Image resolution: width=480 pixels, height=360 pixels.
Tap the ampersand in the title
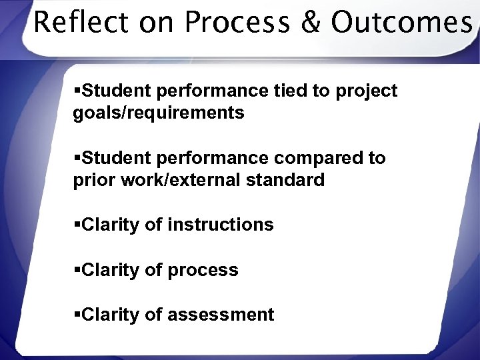tap(310, 23)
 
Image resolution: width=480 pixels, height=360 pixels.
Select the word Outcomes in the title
tap(401, 23)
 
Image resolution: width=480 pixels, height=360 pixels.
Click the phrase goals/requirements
tap(159, 113)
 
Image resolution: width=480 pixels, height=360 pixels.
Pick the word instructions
tap(221, 225)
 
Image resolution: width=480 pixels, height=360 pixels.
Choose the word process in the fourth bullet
tap(203, 270)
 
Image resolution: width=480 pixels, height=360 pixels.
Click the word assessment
tap(221, 315)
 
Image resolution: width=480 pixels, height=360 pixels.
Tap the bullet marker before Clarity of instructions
tap(77, 225)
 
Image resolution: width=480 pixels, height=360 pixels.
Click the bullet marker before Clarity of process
tap(77, 270)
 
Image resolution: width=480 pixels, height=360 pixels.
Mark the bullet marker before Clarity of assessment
tap(77, 315)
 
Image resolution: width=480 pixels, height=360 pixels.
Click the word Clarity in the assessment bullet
tap(110, 315)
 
